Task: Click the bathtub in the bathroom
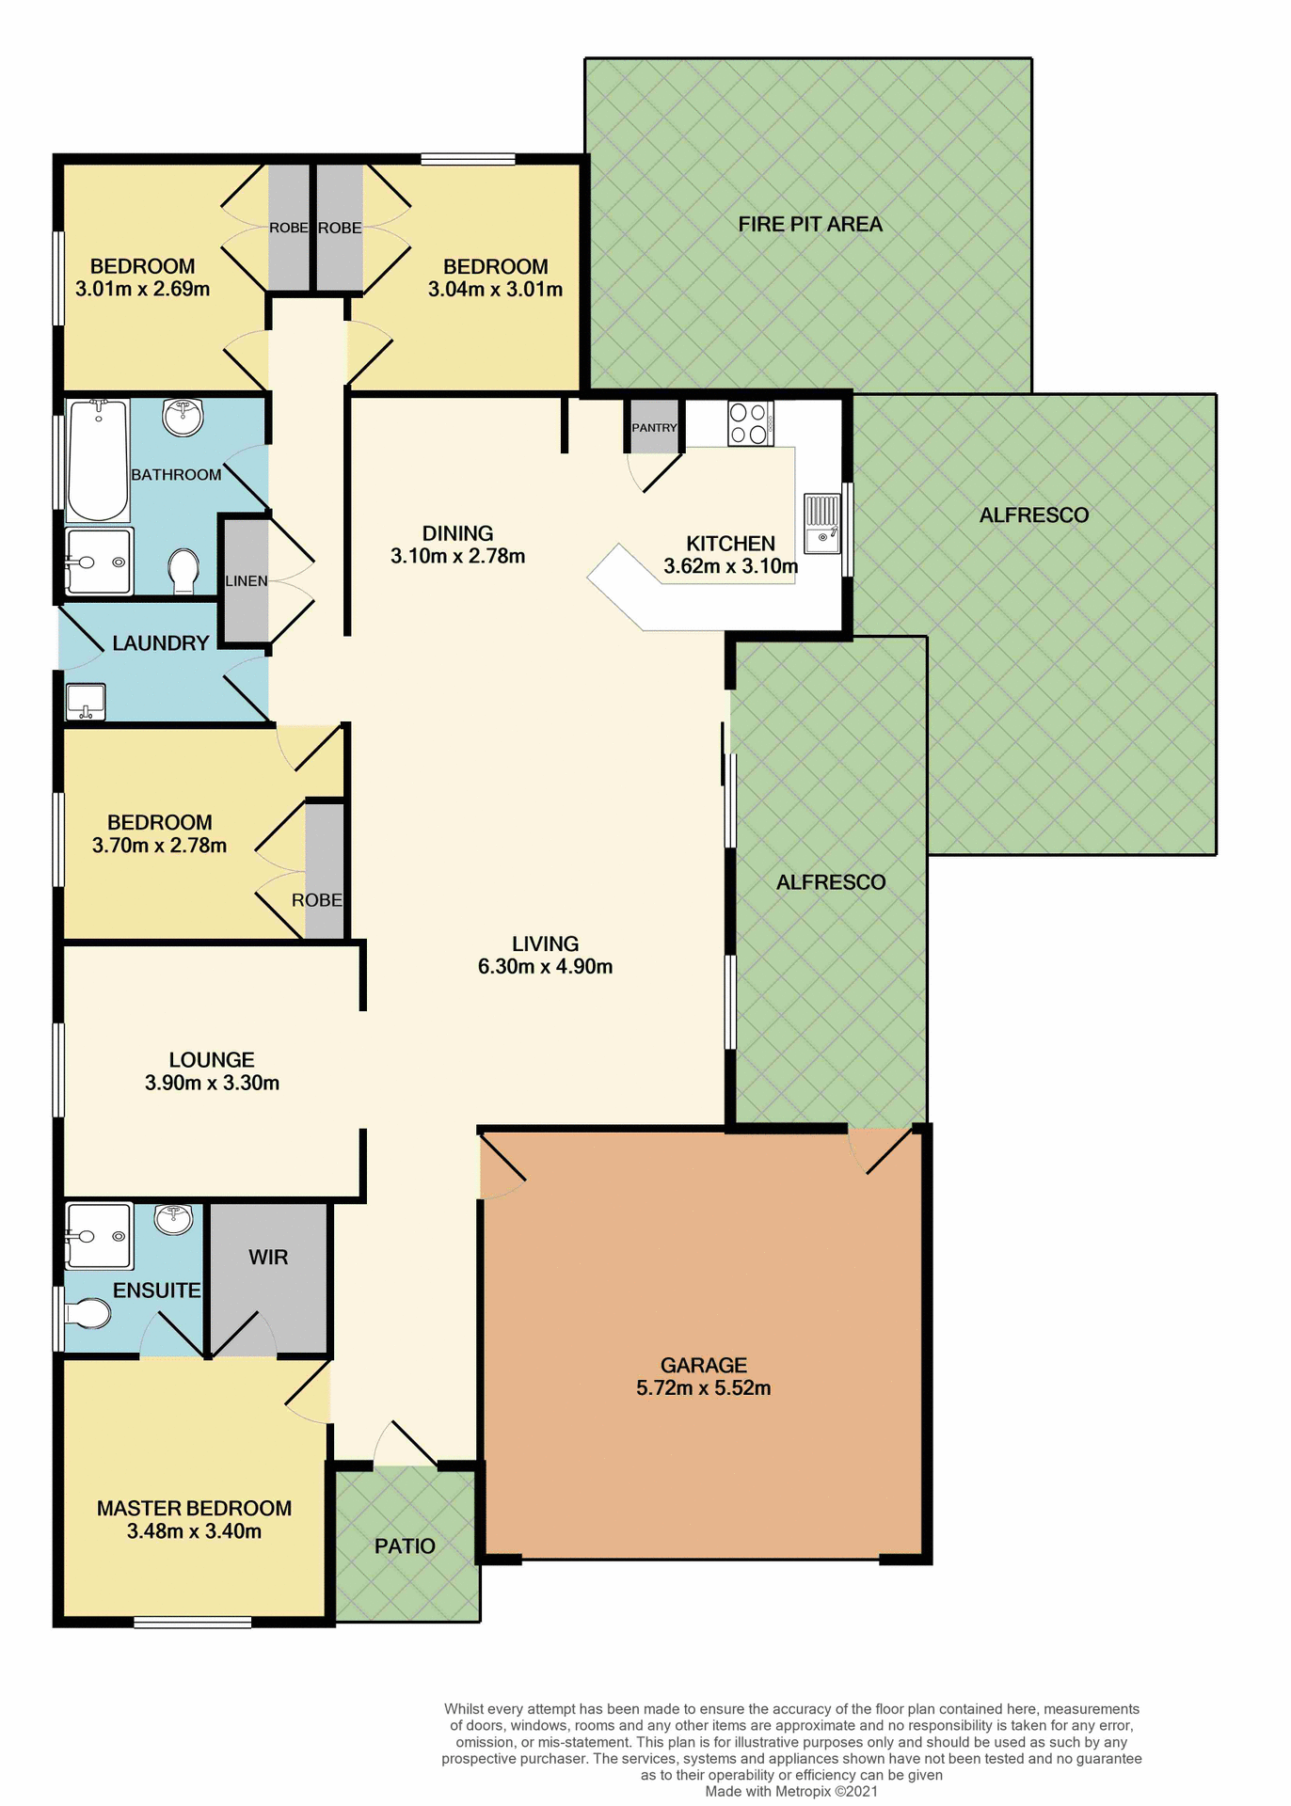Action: point(98,460)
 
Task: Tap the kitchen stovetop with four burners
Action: point(750,423)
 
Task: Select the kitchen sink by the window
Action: point(821,524)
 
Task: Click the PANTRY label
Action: point(654,428)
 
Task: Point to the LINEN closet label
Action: point(247,581)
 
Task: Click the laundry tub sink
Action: point(85,702)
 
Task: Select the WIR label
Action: point(268,1258)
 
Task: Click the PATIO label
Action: point(405,1546)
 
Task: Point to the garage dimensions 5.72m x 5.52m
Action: point(704,1388)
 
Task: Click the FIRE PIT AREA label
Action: point(810,225)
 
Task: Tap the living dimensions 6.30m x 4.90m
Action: point(546,967)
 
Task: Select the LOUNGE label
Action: point(212,1060)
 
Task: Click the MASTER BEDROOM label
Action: point(194,1509)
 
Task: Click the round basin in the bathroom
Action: point(183,418)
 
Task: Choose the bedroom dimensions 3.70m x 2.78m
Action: point(160,846)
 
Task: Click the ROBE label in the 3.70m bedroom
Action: point(316,900)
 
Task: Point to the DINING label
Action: point(457,533)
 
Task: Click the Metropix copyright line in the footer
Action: point(791,1792)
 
